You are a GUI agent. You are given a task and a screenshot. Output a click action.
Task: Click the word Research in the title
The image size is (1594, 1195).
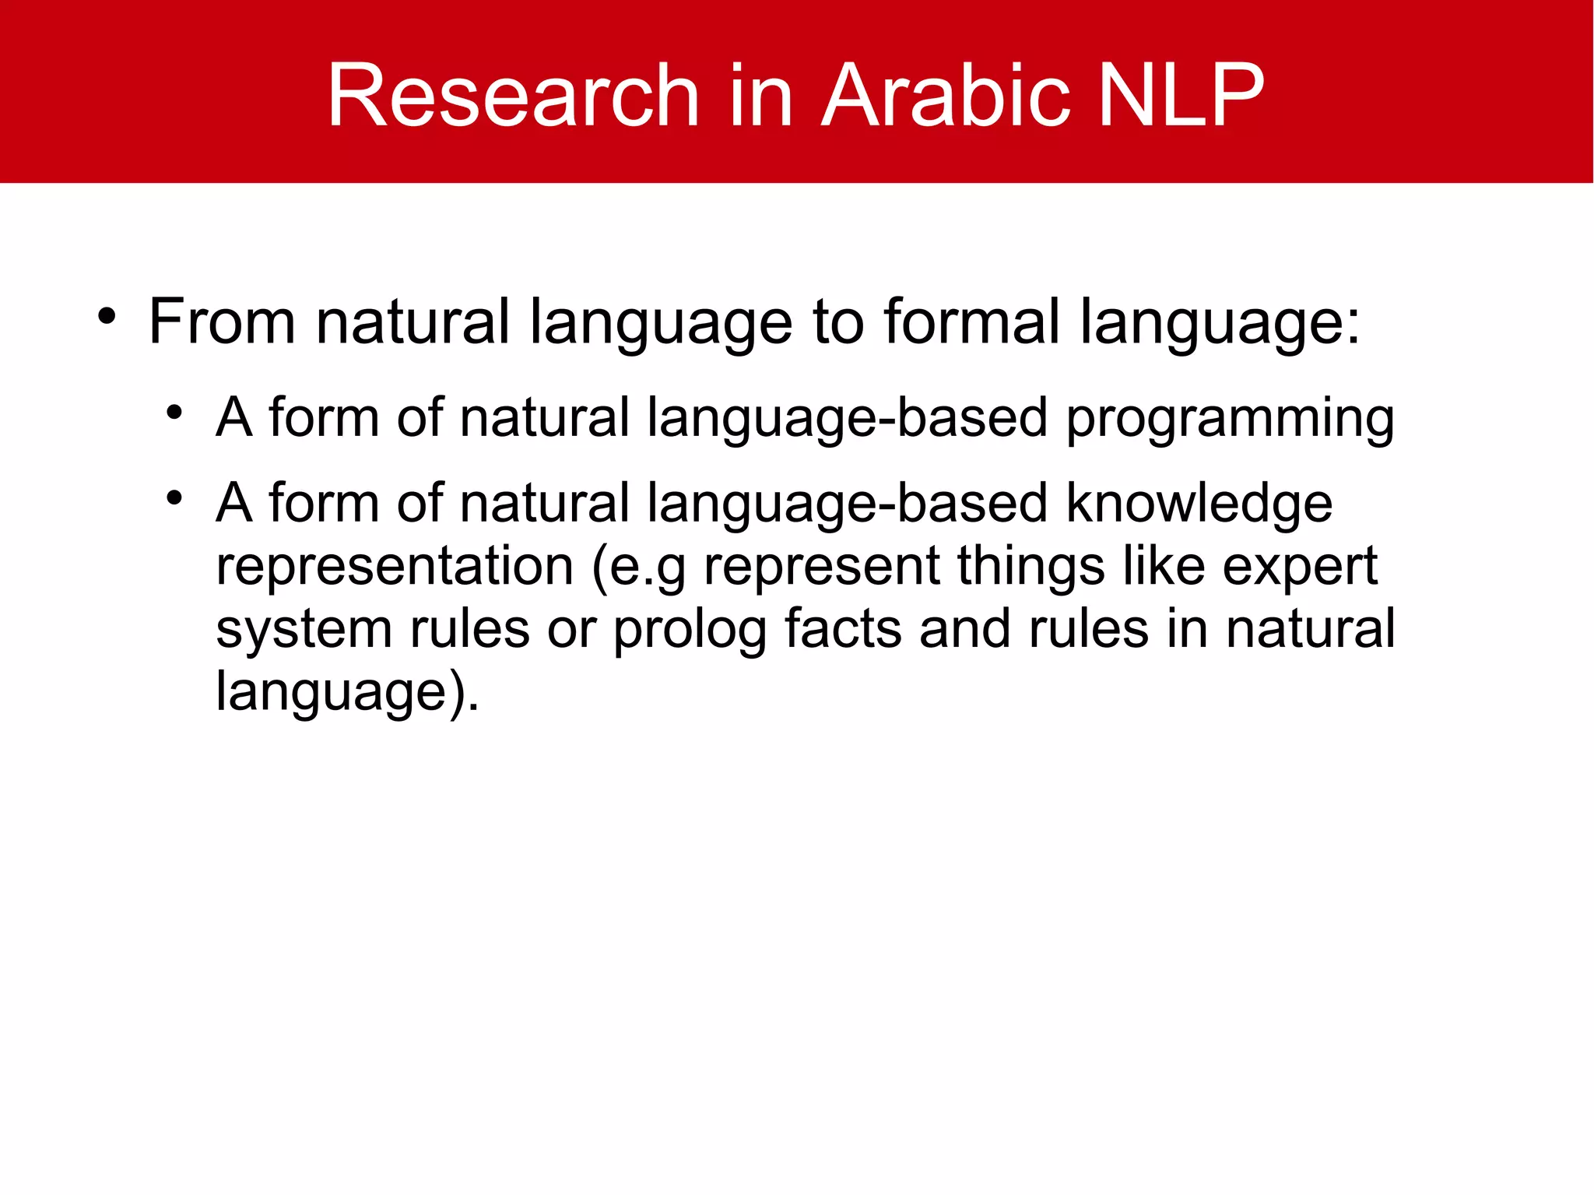point(514,96)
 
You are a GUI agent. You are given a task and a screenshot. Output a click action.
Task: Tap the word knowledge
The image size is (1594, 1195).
point(1199,504)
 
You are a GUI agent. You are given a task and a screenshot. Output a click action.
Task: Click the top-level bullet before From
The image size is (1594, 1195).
point(107,317)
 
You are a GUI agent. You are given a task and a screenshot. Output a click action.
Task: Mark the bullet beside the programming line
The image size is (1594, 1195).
point(174,413)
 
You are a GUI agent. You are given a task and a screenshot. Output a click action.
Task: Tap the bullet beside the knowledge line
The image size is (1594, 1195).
point(174,497)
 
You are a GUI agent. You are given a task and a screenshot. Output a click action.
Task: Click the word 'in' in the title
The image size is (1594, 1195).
point(760,96)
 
